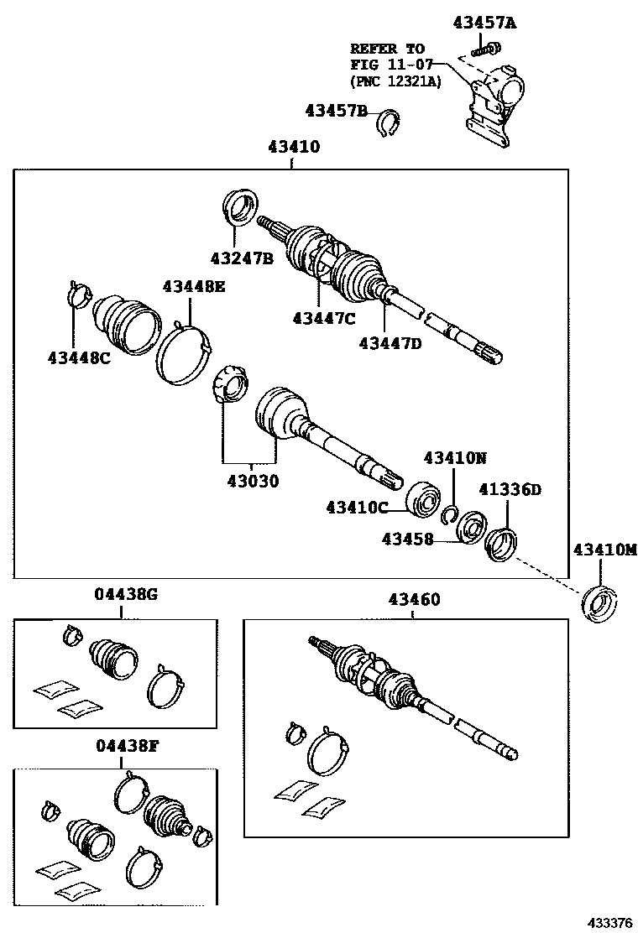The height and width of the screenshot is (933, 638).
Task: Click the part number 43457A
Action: click(x=484, y=23)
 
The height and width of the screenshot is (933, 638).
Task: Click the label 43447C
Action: click(x=324, y=318)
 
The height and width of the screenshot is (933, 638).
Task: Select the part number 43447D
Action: click(x=390, y=342)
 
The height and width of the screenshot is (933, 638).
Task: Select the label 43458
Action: click(x=407, y=539)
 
